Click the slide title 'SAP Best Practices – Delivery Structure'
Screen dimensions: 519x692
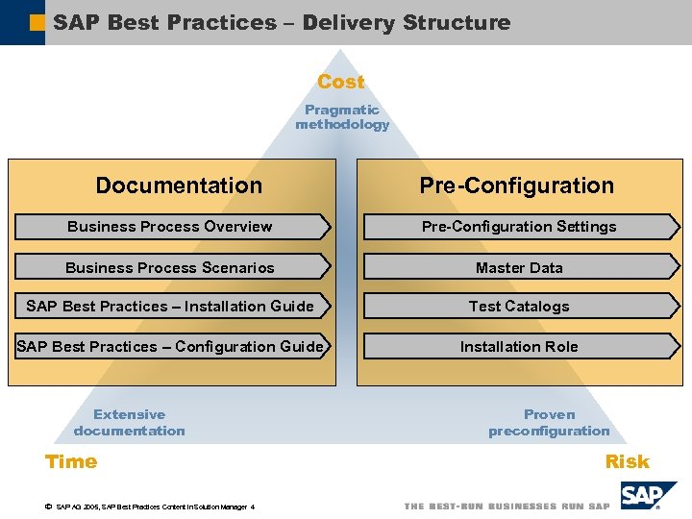click(x=282, y=22)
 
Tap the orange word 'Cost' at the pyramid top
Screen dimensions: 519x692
click(x=341, y=83)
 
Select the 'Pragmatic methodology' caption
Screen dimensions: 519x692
click(x=342, y=117)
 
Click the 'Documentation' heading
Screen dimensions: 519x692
click(x=179, y=185)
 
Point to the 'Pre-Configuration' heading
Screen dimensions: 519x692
click(x=516, y=185)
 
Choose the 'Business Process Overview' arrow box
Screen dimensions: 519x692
click(x=170, y=227)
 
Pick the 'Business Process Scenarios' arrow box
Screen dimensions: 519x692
click(x=170, y=268)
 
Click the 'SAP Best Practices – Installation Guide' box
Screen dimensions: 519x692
click(x=170, y=307)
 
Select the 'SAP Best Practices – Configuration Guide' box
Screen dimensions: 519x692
click(x=170, y=346)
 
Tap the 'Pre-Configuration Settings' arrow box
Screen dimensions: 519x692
click(x=519, y=227)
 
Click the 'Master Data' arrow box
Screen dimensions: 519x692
click(x=519, y=268)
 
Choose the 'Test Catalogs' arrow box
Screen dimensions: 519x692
click(x=519, y=307)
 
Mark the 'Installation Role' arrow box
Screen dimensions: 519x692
click(x=519, y=346)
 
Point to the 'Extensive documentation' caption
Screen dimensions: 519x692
click(x=130, y=423)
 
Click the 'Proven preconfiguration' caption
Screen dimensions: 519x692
click(x=549, y=423)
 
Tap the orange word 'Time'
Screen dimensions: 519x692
click(x=71, y=461)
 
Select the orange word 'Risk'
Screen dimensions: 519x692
click(x=627, y=462)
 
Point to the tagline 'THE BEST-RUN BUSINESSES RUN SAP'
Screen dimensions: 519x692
click(x=507, y=507)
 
